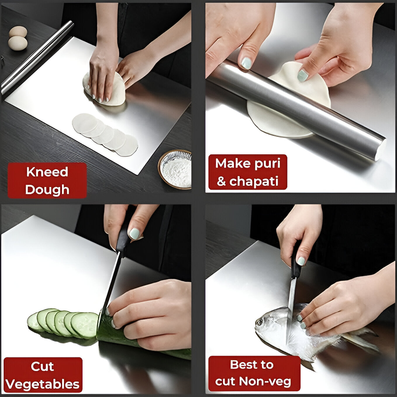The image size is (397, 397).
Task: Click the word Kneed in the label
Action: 47,172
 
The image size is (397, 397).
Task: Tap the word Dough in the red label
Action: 47,190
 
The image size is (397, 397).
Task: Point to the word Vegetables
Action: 43,384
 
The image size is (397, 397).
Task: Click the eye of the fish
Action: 259,322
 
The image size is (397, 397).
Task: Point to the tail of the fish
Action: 363,339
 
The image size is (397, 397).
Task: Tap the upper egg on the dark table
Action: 18,31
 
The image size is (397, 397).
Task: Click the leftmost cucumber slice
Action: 32,322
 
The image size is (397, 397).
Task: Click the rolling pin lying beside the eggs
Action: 35,58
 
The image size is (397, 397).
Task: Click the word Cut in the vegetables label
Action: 42,366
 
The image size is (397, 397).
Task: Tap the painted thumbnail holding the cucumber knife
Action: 134,234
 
